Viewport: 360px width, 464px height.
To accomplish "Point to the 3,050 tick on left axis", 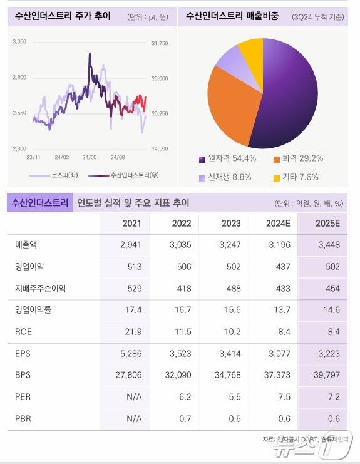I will (x=19, y=41).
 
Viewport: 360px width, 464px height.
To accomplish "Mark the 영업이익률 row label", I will (x=31, y=310).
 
